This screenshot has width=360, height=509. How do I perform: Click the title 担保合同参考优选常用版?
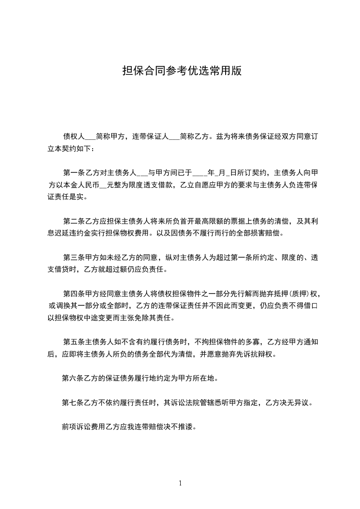pyautogui.click(x=180, y=71)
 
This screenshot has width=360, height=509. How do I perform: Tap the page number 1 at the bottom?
pyautogui.click(x=180, y=483)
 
